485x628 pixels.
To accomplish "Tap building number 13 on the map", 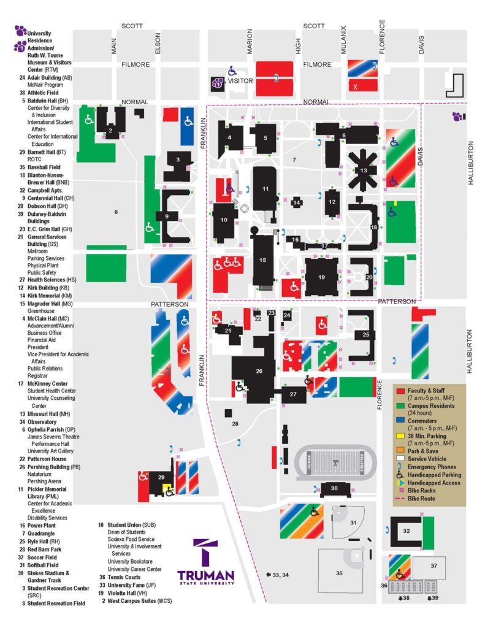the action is (364, 170).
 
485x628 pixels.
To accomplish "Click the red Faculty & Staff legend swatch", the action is (400, 390).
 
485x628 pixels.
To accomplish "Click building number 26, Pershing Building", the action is (259, 371).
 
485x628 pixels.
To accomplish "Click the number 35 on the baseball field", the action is (339, 573).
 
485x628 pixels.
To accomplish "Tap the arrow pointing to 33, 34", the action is (269, 574).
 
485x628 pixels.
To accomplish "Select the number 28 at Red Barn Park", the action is (234, 423).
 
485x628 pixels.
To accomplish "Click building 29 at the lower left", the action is (161, 477).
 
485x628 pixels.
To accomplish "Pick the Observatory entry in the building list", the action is (42, 422).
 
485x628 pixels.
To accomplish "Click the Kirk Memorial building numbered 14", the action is (297, 202).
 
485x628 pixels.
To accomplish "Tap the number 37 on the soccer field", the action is (433, 565).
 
